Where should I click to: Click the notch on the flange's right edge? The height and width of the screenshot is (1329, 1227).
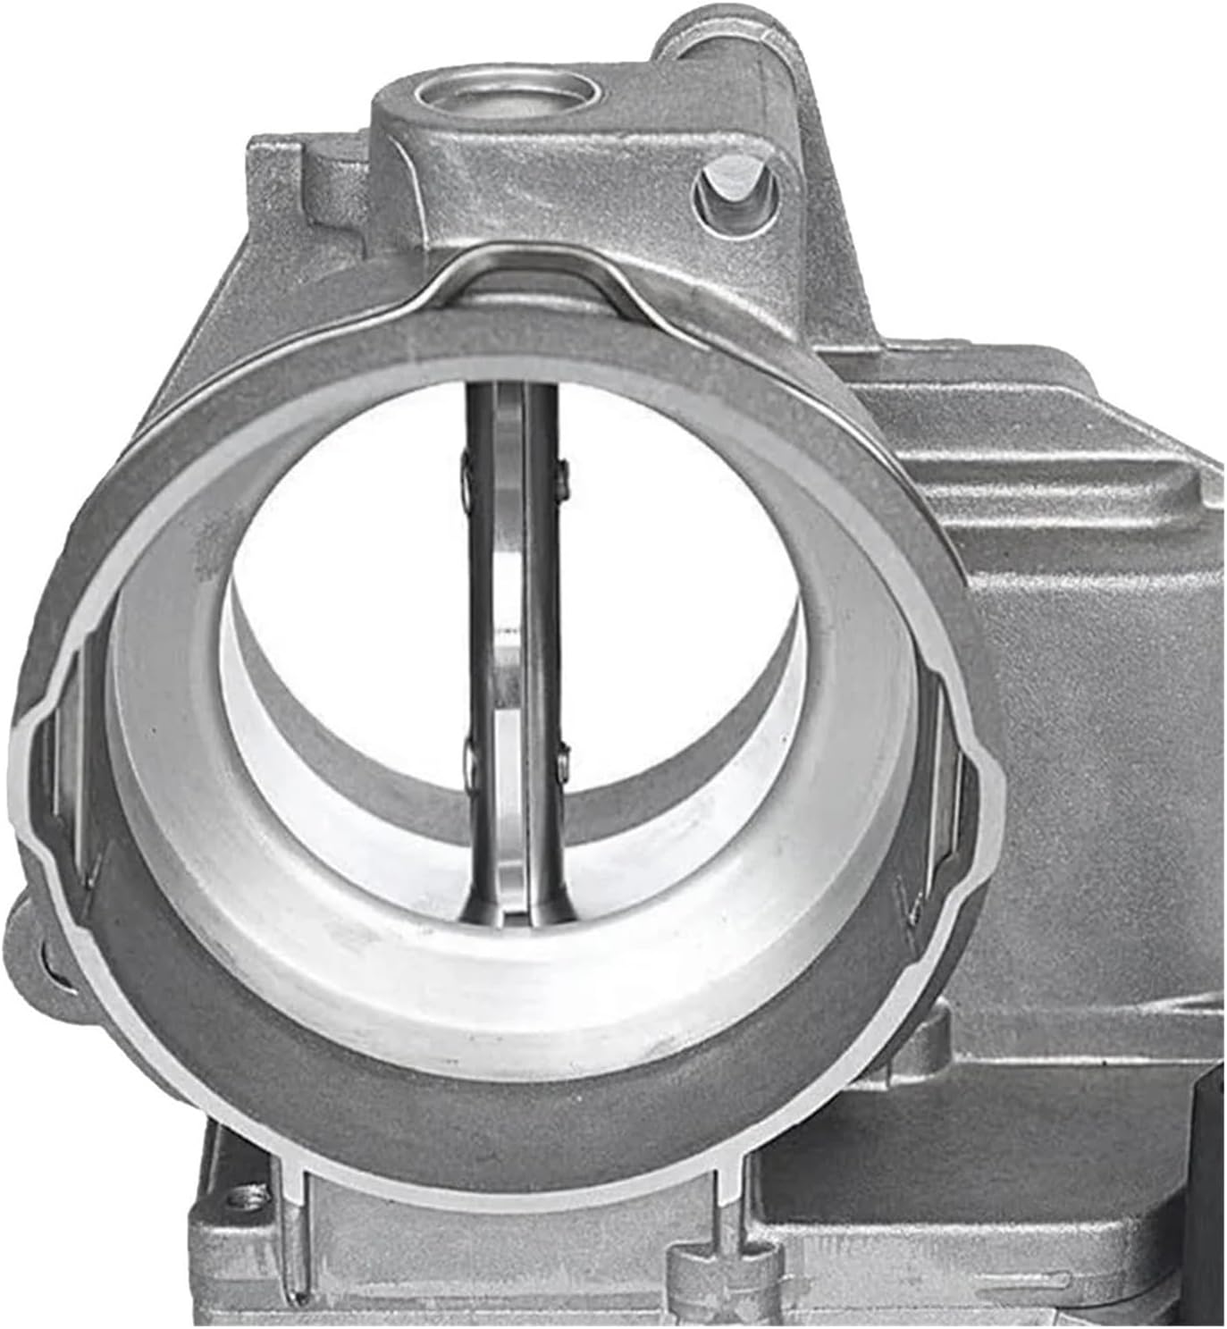(x=987, y=778)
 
